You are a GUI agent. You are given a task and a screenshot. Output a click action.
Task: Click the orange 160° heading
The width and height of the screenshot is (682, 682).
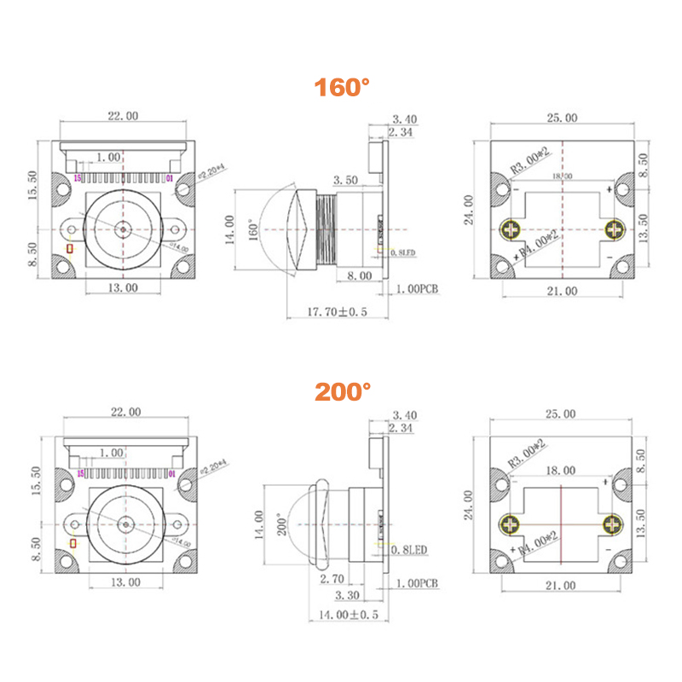(x=343, y=88)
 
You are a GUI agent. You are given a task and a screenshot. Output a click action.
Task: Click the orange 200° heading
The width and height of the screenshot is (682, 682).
(x=343, y=391)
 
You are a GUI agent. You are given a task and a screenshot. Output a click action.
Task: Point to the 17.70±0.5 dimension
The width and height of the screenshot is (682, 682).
(x=338, y=312)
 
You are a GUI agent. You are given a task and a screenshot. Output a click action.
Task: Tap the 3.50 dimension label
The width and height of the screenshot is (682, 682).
(x=345, y=181)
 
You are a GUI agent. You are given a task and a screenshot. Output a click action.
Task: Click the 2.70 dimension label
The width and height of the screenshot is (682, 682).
(x=332, y=579)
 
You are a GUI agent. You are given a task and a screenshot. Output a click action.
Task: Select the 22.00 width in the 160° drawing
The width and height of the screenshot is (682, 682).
(x=123, y=117)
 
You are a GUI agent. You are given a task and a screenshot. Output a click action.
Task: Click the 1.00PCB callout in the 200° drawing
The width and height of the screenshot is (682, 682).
(x=418, y=584)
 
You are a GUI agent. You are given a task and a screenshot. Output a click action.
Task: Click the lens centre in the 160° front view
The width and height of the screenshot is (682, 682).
(x=124, y=228)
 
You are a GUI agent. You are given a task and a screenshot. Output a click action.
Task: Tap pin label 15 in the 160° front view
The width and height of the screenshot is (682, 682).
(x=78, y=179)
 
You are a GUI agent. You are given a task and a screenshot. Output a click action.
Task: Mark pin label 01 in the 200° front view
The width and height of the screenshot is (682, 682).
(x=171, y=473)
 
